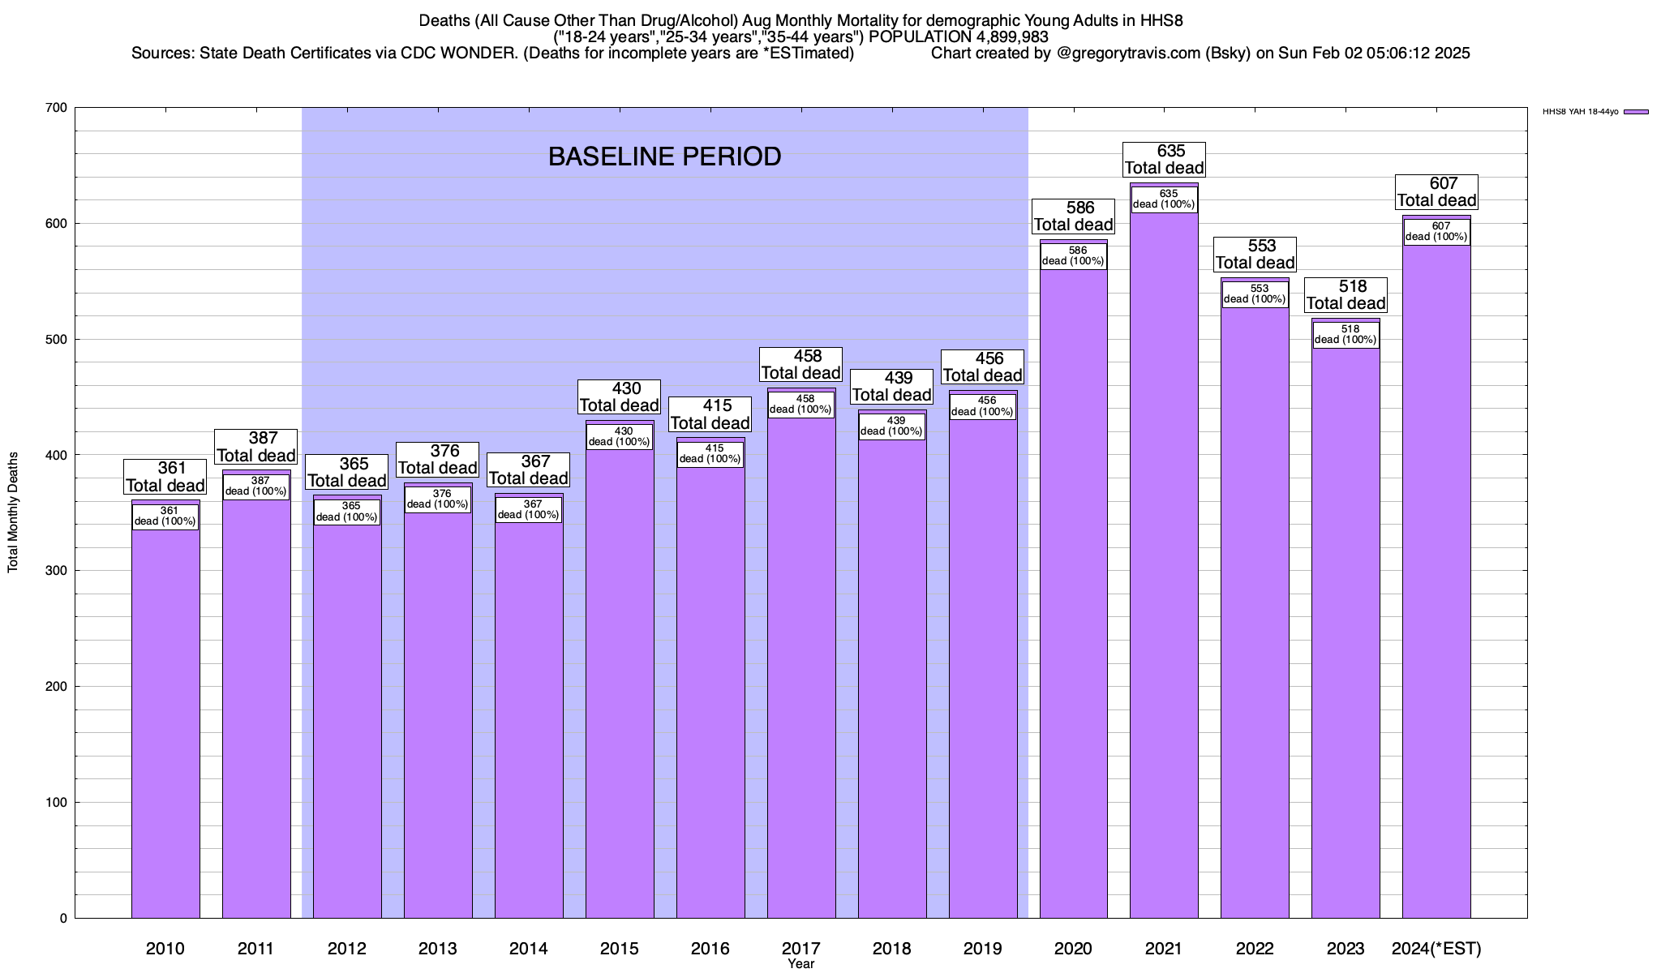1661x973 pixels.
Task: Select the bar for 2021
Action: point(1164,568)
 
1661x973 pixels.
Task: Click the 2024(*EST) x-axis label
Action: point(1436,949)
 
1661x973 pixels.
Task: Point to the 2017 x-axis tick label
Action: point(800,949)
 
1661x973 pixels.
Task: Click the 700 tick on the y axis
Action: point(57,108)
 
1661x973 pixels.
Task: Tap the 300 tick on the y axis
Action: point(57,571)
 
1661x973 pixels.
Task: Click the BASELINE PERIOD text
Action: point(664,156)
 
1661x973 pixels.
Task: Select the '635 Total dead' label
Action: point(1164,160)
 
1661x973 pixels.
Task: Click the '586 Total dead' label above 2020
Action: point(1073,216)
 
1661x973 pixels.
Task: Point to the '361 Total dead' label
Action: point(165,477)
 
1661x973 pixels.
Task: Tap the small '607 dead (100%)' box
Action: point(1436,232)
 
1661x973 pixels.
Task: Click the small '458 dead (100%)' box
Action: point(800,405)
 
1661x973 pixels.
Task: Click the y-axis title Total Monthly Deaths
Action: point(13,512)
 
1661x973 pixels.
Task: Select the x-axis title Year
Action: point(800,964)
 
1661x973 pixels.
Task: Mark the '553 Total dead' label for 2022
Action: point(1255,255)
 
